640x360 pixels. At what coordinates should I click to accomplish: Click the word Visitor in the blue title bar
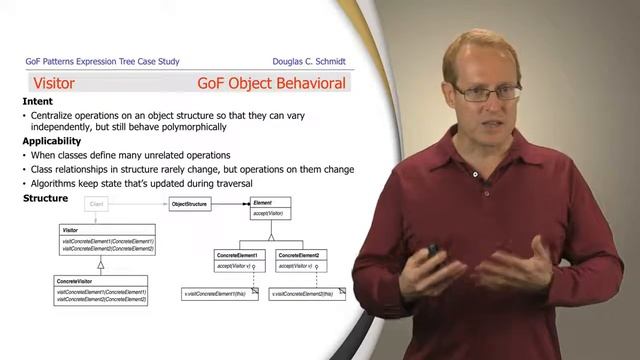[54, 84]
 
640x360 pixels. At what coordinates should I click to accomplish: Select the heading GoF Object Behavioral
[271, 84]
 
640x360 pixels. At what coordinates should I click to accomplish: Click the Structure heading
[45, 198]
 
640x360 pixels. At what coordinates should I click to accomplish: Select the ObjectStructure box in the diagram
[189, 204]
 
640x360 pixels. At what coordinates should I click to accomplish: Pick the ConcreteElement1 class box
[239, 260]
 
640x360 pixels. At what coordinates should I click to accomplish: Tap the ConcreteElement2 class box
[301, 260]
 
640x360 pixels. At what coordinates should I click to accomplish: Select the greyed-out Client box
[97, 204]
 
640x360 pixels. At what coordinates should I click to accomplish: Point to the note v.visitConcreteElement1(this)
[219, 294]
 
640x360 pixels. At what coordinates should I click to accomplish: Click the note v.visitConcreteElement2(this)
[306, 294]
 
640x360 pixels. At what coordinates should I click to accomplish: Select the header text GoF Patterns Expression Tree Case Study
[102, 61]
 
